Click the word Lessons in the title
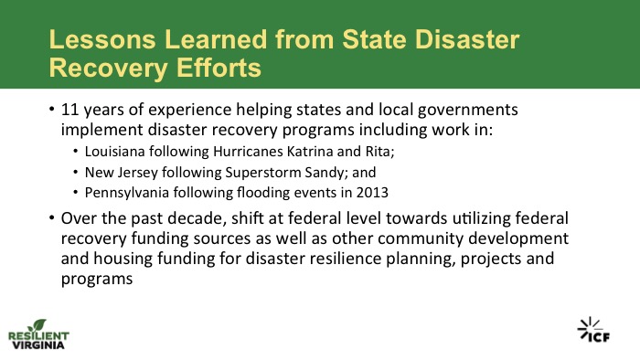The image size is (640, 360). tap(102, 39)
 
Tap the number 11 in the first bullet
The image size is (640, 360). tap(69, 110)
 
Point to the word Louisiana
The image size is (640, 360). tap(114, 152)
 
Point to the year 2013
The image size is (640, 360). tap(372, 193)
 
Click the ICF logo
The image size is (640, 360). tap(593, 330)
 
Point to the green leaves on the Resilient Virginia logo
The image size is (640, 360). tap(37, 325)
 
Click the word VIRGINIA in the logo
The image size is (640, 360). tap(38, 344)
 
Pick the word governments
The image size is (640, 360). tap(468, 110)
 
